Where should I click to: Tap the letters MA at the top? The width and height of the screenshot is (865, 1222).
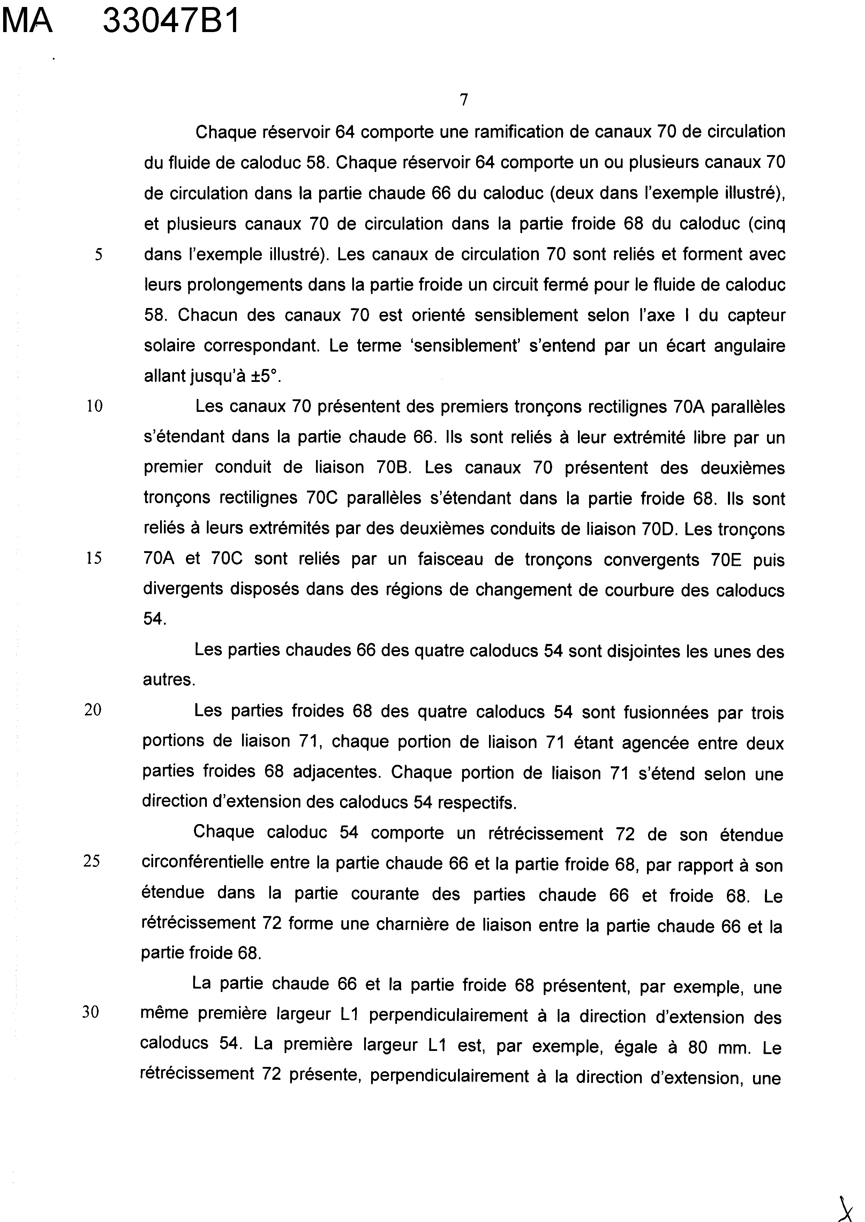pyautogui.click(x=27, y=22)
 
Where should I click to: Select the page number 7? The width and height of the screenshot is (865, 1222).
pyautogui.click(x=464, y=100)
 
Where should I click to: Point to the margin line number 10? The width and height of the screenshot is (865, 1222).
pyautogui.click(x=94, y=407)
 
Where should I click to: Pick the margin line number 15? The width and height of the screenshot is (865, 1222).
pyautogui.click(x=94, y=558)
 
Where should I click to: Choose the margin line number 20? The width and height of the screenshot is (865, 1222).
pyautogui.click(x=93, y=710)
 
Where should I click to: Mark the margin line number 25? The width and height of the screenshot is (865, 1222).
pyautogui.click(x=92, y=861)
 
